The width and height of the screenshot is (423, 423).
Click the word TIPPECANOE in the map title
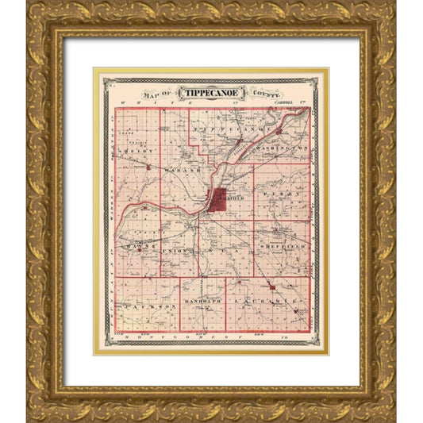(x=210, y=92)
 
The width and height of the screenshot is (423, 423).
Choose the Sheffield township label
(x=282, y=248)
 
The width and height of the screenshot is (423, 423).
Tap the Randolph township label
(x=202, y=303)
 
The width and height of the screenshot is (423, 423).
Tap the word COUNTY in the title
(x=266, y=93)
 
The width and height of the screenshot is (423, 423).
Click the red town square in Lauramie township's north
(x=271, y=286)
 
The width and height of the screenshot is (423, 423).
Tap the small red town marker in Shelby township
(x=147, y=166)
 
